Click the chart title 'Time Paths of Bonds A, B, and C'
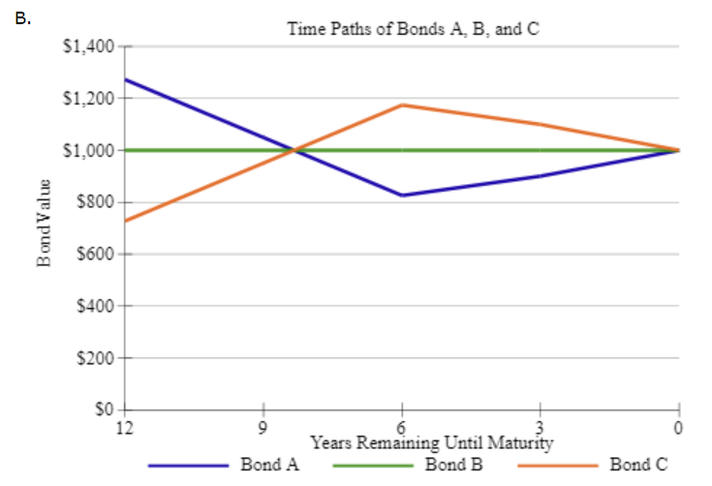tap(413, 28)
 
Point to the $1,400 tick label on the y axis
tap(89, 46)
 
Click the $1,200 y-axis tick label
tap(89, 99)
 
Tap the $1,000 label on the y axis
tap(89, 150)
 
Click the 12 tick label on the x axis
tap(124, 426)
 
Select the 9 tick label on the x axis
tap(263, 426)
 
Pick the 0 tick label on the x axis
tap(679, 426)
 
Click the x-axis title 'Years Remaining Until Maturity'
tap(431, 443)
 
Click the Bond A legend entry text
tap(269, 464)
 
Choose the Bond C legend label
tap(638, 464)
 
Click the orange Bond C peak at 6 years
tap(401, 105)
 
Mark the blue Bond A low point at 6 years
tap(401, 196)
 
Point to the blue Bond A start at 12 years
tap(125, 79)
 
